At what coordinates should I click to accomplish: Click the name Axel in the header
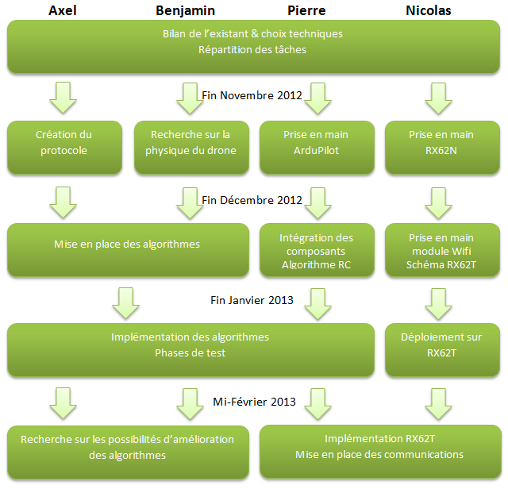(63, 10)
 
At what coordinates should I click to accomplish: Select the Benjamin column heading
(185, 10)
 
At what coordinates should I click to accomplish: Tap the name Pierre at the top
(306, 10)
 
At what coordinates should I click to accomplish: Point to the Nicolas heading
(429, 10)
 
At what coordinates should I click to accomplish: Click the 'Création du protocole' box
(64, 148)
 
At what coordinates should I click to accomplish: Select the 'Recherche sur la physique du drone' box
(191, 148)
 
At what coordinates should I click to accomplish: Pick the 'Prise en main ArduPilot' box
(317, 148)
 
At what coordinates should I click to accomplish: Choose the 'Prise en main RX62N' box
(442, 148)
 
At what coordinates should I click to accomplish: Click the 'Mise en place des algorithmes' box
(128, 249)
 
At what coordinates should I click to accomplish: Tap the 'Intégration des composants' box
(317, 249)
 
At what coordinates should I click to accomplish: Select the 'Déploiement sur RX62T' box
(442, 349)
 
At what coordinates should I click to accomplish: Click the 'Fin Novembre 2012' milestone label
(252, 95)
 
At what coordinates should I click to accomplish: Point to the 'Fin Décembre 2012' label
(252, 200)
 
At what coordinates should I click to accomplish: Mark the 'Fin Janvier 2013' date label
(252, 300)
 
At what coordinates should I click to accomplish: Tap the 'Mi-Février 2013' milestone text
(254, 402)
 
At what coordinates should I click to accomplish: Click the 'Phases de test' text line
(190, 353)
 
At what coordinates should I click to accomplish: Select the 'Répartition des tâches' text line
(252, 49)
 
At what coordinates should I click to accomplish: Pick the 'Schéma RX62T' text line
(441, 265)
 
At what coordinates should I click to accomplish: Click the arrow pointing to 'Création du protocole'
(63, 98)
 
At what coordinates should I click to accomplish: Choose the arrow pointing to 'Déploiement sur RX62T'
(438, 304)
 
